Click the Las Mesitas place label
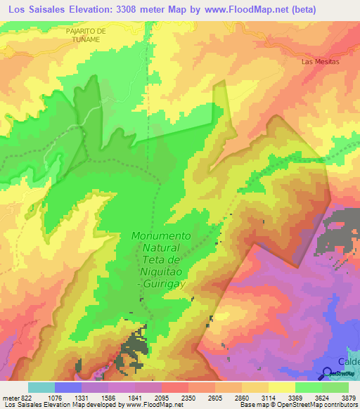point(320,62)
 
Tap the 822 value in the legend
point(20,398)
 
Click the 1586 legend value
point(95,398)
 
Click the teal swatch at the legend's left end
point(41,387)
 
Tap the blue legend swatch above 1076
point(68,387)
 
